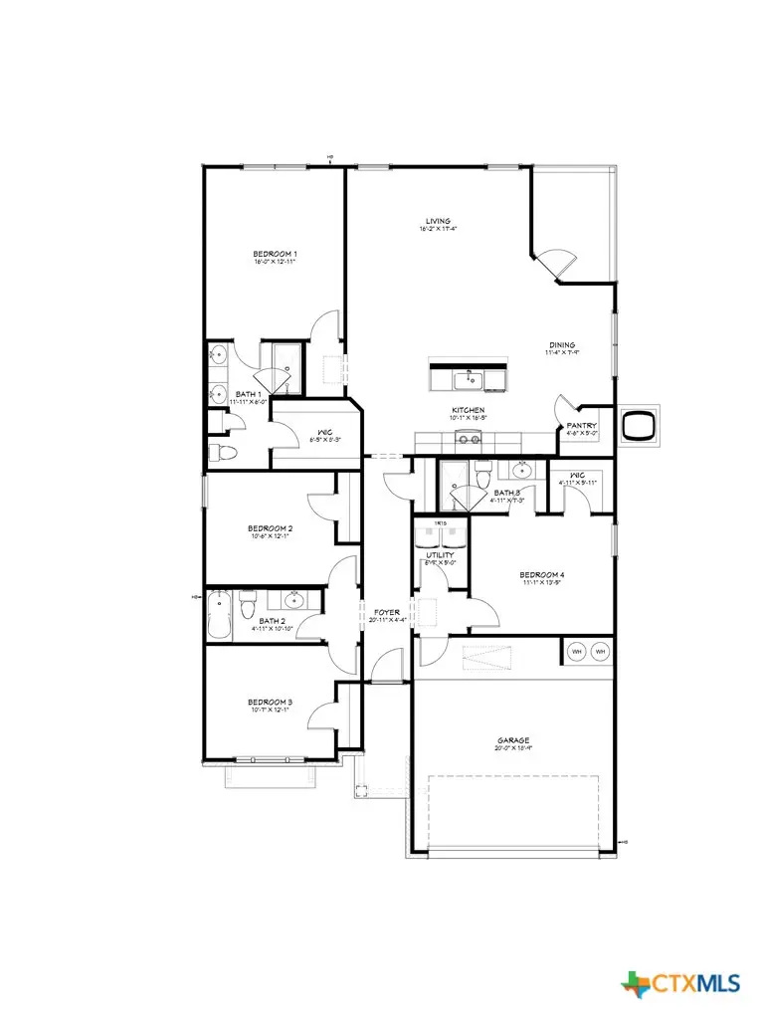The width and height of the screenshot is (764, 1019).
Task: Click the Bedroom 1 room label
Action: (x=275, y=254)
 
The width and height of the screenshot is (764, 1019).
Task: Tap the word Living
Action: (x=438, y=221)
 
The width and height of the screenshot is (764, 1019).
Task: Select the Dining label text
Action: (x=560, y=345)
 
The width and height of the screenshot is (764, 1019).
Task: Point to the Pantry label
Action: (x=581, y=425)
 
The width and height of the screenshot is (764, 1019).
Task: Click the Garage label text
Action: (x=513, y=740)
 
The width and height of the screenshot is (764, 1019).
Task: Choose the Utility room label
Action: (x=440, y=555)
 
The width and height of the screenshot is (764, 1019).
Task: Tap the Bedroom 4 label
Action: (x=541, y=574)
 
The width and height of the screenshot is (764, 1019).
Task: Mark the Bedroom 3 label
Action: (x=270, y=703)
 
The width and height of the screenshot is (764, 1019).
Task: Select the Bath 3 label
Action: (x=506, y=493)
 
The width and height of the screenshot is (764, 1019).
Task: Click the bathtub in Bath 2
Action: (x=221, y=614)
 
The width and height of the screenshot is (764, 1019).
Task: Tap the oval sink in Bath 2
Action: (x=294, y=600)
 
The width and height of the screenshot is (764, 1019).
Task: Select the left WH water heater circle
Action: (x=577, y=652)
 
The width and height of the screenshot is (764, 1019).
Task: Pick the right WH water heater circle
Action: (x=600, y=652)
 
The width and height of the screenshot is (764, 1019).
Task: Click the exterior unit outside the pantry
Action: (x=638, y=426)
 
